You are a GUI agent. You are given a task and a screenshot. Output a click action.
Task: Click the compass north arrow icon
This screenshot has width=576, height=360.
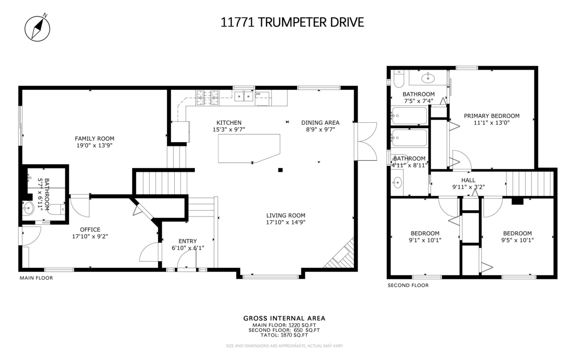[x=36, y=27]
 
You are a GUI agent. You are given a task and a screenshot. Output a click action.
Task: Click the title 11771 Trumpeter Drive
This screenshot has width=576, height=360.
[x=292, y=22]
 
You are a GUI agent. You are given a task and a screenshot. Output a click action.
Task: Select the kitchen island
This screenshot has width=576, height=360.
[x=249, y=148]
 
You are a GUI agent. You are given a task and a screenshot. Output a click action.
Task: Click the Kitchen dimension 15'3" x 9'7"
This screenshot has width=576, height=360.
[x=229, y=130]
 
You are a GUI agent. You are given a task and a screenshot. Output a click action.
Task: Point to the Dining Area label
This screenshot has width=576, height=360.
[x=320, y=122]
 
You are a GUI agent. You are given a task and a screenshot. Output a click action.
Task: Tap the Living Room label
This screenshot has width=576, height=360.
[x=286, y=215]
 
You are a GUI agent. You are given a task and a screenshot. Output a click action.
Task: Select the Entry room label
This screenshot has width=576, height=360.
[x=187, y=241]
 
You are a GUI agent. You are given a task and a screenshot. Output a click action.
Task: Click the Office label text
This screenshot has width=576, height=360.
[x=90, y=229]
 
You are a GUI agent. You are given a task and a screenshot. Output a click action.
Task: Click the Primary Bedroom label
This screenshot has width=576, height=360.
[x=492, y=116]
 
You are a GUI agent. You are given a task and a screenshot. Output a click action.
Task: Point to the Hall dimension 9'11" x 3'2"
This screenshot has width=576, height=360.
[x=468, y=187]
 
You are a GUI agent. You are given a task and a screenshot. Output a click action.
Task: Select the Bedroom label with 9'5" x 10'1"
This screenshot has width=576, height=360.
[x=517, y=233]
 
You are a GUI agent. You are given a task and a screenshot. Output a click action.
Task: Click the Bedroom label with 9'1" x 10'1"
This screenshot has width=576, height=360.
[x=425, y=233]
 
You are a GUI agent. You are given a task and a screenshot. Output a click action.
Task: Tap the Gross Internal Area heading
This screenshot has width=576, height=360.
[x=284, y=318]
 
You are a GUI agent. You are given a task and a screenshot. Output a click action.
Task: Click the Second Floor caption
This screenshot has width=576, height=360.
[x=408, y=285]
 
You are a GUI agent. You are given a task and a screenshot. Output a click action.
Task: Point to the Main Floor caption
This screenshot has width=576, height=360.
[x=36, y=278]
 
